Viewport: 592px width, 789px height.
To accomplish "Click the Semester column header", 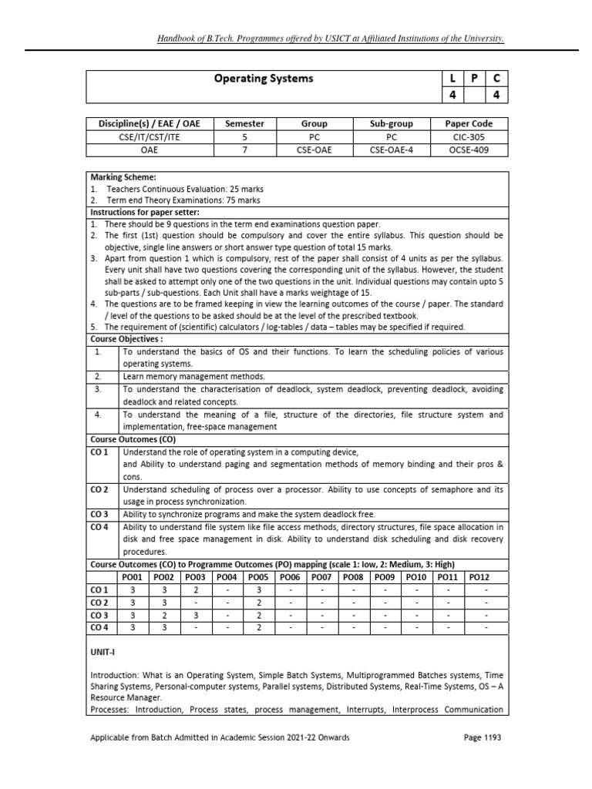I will pos(244,123).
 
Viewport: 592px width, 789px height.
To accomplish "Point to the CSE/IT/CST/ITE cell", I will pos(141,136).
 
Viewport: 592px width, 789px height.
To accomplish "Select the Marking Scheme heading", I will pos(123,176).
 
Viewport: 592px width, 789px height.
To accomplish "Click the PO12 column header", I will pos(479,576).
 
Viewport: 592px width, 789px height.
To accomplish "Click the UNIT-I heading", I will pos(102,652).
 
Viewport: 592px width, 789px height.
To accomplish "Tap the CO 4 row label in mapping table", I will pos(99,629).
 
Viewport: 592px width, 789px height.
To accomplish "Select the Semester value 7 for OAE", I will pos(244,149).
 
